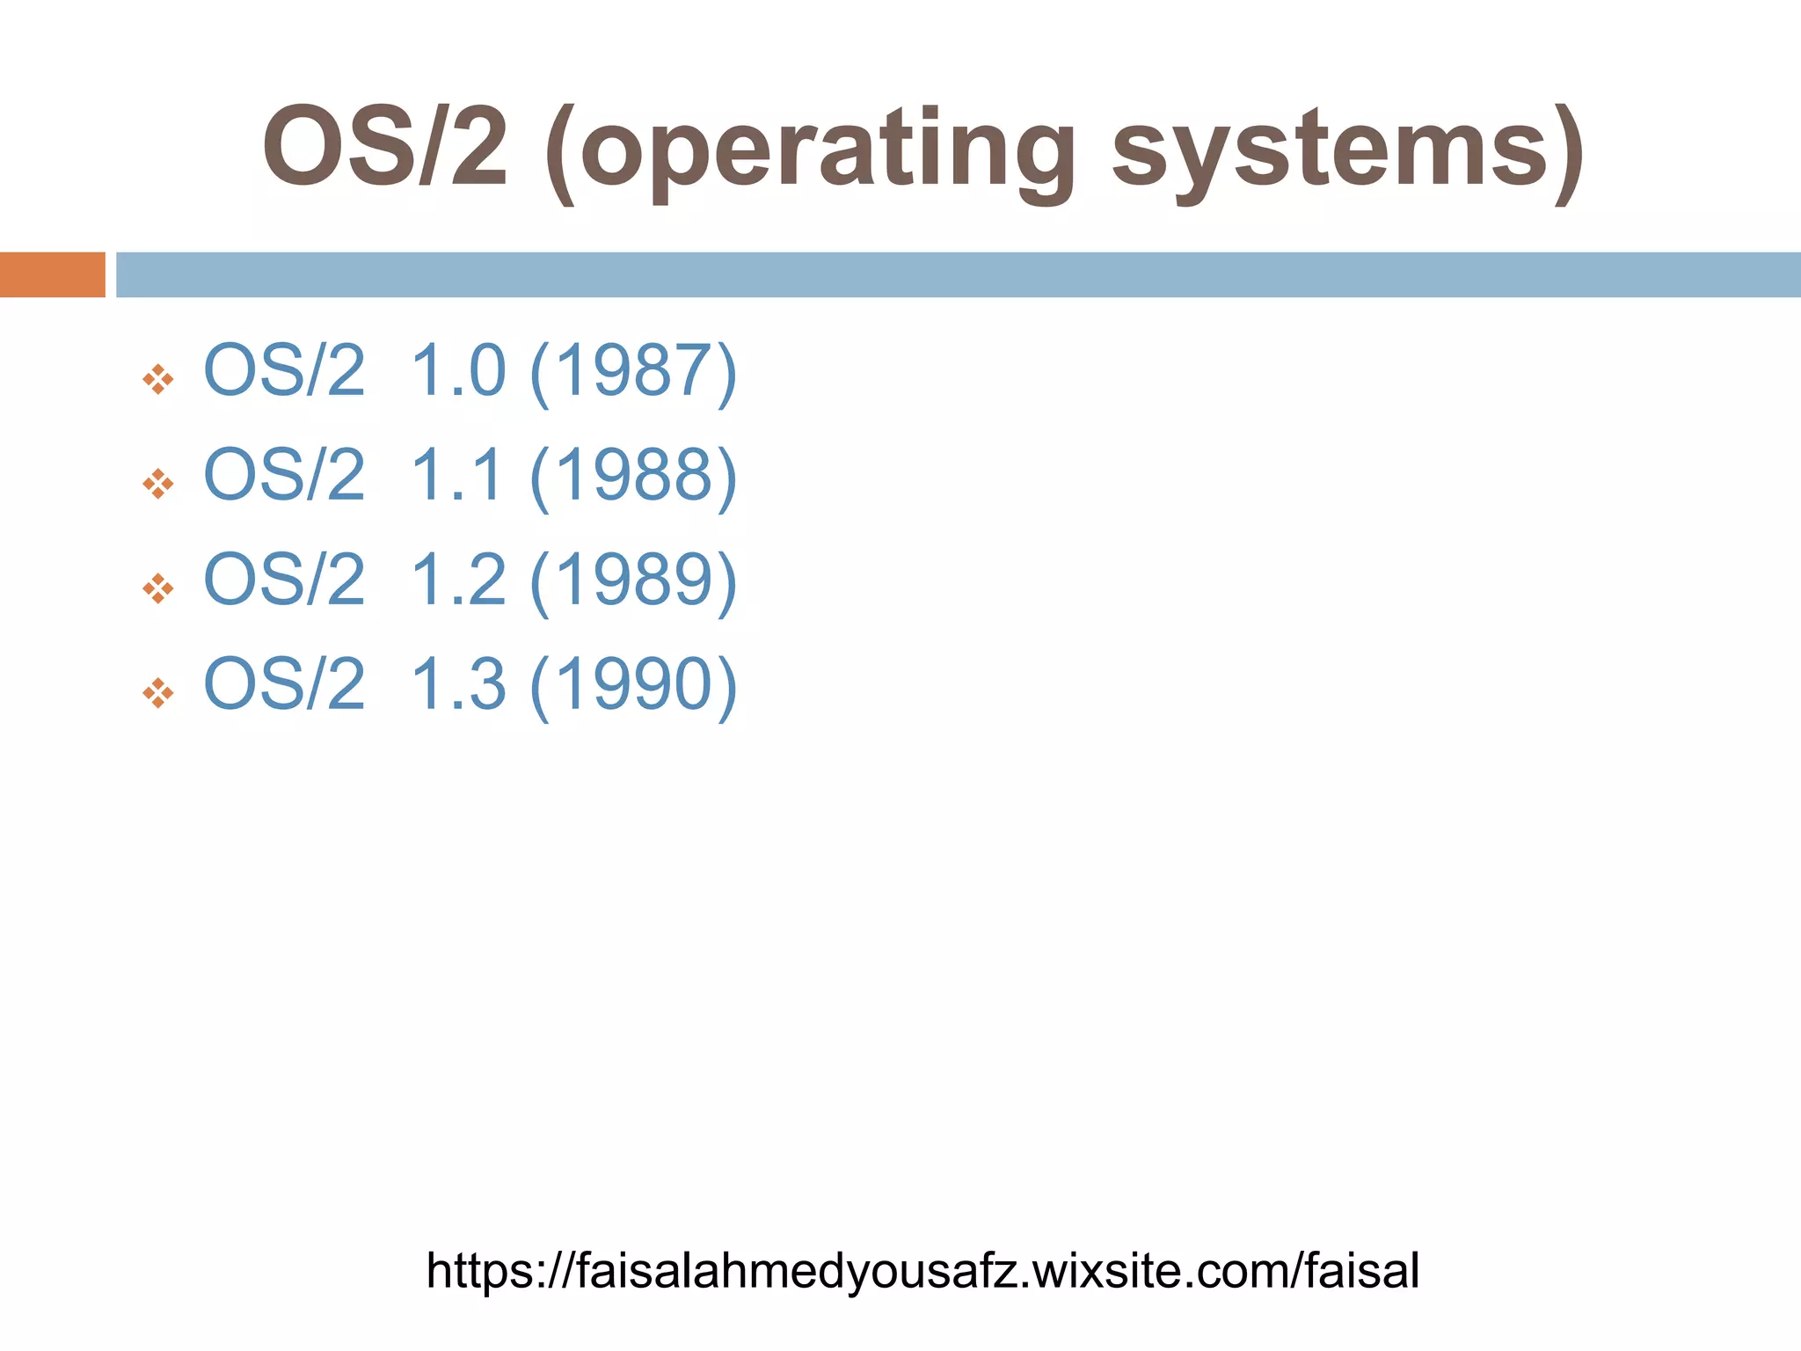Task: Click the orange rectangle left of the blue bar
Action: tap(52, 274)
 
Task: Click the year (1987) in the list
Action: tap(633, 371)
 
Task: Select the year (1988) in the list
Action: tap(633, 476)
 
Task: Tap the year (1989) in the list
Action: tap(633, 581)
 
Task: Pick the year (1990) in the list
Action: tap(633, 684)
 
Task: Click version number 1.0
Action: tap(458, 371)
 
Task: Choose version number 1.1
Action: tap(456, 476)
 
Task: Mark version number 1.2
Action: tap(458, 581)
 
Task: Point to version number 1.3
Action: tap(458, 684)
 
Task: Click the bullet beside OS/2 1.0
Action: tap(158, 380)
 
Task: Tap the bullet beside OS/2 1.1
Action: tap(158, 485)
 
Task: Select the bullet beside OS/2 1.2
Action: tap(158, 589)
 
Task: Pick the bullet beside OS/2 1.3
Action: tap(158, 693)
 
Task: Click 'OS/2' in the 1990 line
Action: tap(284, 684)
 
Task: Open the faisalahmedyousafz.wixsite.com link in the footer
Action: tap(922, 1271)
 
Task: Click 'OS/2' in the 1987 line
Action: tap(284, 371)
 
